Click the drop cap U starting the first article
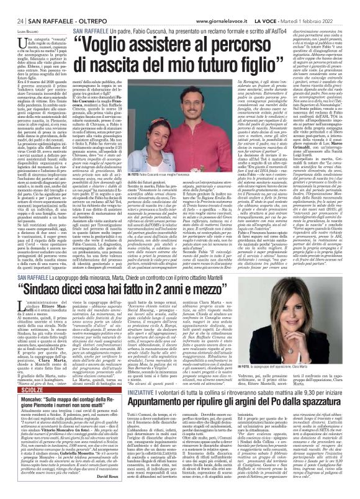click(x=14, y=41)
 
